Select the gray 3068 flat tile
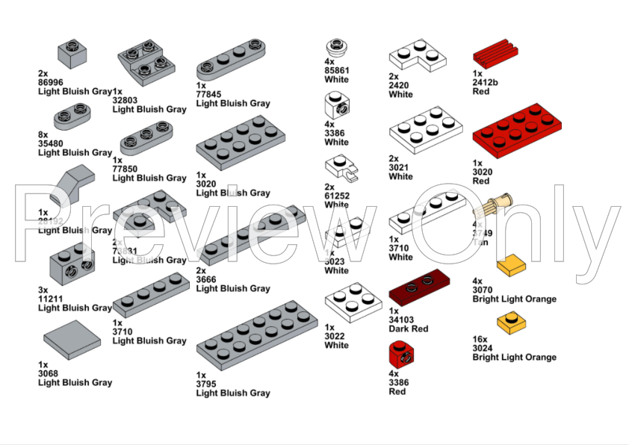click(72, 338)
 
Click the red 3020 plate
click(515, 131)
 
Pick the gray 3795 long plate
click(256, 337)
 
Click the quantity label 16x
click(480, 339)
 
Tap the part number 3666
click(206, 279)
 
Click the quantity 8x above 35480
click(43, 134)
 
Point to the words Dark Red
click(409, 329)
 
